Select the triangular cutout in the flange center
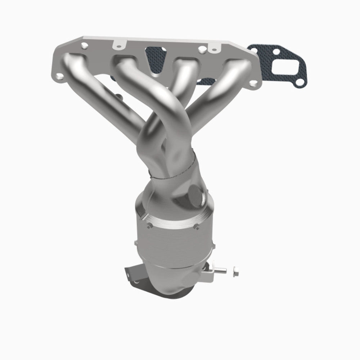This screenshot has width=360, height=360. tap(156, 59)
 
